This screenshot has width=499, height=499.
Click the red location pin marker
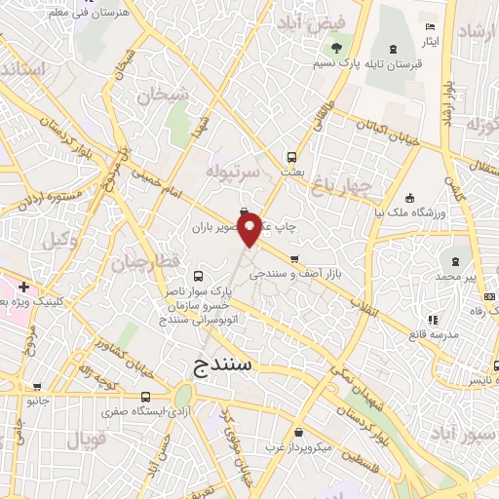click(x=250, y=228)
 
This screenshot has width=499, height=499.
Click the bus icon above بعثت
click(x=291, y=156)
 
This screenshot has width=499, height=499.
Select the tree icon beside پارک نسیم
click(x=336, y=48)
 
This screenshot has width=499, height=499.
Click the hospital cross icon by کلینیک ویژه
click(x=23, y=288)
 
